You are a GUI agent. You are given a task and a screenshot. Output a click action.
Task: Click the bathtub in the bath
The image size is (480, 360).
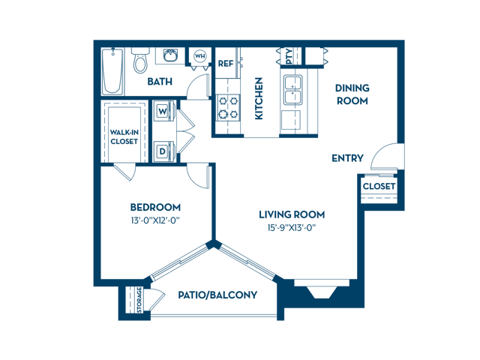click(x=112, y=71)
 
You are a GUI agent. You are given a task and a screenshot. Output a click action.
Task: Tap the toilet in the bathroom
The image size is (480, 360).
click(x=140, y=60)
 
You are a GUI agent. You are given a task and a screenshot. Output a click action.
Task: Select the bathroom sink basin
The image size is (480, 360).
click(x=170, y=55)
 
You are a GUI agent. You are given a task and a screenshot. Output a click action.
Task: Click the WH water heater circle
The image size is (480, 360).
click(x=200, y=56)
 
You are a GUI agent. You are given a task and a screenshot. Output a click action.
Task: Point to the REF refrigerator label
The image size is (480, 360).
click(x=226, y=64)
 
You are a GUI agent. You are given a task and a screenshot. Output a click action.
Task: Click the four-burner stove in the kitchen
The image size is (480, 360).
click(x=228, y=107)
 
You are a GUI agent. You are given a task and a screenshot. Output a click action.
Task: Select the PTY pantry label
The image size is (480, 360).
click(x=289, y=57)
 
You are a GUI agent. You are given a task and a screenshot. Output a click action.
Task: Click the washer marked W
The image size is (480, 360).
click(x=163, y=111)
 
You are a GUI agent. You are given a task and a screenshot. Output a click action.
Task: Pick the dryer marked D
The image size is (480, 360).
click(x=163, y=151)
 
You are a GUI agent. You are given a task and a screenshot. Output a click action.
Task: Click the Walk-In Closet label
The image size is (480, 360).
click(x=124, y=136)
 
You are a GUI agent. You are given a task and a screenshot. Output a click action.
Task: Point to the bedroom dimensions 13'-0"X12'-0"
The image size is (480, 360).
click(x=155, y=220)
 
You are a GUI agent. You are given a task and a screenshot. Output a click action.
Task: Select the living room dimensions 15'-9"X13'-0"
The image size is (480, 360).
click(x=292, y=228)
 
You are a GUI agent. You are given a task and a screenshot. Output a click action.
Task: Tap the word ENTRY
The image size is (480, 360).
click(x=348, y=158)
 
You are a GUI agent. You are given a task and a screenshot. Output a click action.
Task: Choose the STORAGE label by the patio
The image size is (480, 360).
click(x=139, y=300)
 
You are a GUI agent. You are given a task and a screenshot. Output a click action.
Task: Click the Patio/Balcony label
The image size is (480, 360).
click(x=217, y=295)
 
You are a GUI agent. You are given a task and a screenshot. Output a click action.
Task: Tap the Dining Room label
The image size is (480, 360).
click(x=352, y=94)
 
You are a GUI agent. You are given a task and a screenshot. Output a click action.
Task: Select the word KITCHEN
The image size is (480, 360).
click(x=259, y=98)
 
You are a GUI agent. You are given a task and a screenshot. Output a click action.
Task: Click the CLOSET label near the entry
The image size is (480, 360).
click(x=379, y=186)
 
